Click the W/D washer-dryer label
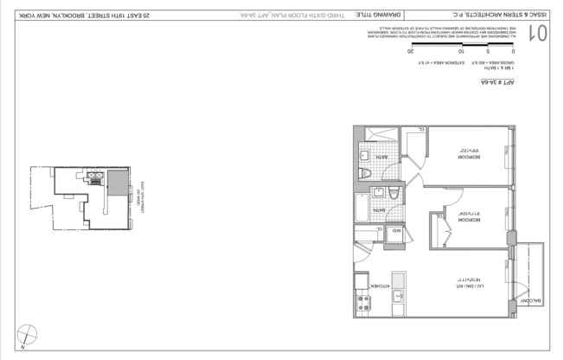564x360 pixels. [396, 230]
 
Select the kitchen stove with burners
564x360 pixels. [362, 305]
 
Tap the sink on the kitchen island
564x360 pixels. [399, 298]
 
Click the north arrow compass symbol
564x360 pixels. [29, 334]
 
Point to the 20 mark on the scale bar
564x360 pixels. [409, 53]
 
